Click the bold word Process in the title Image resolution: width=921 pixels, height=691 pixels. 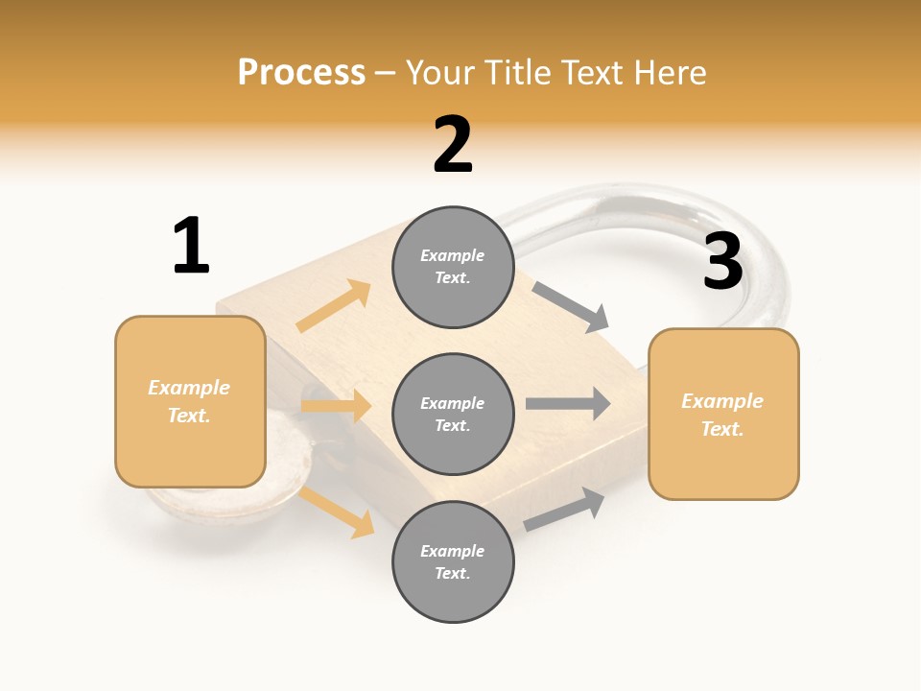tap(301, 73)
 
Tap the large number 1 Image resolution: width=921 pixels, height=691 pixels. tap(190, 247)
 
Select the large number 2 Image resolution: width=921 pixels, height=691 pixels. tap(453, 145)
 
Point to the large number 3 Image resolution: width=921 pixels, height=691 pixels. tap(722, 261)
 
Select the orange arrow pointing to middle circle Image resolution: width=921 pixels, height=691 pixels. tap(336, 406)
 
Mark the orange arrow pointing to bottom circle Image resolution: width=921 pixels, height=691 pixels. tap(337, 512)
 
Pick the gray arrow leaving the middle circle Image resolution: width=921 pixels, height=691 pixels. tap(568, 403)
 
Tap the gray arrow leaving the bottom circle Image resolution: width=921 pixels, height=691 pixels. tap(565, 508)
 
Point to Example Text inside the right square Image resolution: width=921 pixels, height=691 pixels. tap(722, 415)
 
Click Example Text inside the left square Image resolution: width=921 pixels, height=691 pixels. tap(189, 401)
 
